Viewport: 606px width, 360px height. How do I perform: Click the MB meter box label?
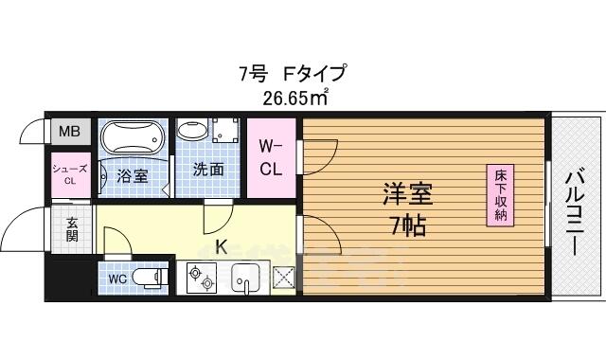tap(69, 132)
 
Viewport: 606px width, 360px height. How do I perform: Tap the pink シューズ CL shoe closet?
tap(71, 174)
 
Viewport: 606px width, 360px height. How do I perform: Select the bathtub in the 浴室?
tap(133, 137)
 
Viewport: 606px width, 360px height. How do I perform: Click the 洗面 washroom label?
tap(208, 170)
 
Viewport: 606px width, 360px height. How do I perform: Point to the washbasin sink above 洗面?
tap(188, 131)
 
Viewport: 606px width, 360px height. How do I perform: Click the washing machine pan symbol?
tap(225, 131)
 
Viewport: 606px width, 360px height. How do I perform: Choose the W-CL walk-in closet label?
tap(271, 158)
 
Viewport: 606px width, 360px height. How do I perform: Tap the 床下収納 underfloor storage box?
tap(500, 195)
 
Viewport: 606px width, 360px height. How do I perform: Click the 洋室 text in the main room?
tap(408, 194)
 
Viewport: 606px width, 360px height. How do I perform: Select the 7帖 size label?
tap(408, 225)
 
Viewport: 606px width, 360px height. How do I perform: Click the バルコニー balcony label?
tap(576, 214)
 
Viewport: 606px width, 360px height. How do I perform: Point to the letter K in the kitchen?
tap(221, 247)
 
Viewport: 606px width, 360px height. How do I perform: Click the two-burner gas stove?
tap(202, 278)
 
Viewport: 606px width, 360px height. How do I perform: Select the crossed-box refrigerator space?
tap(284, 277)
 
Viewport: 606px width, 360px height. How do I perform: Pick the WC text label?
tap(117, 279)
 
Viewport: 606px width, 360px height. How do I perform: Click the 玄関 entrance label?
tap(72, 229)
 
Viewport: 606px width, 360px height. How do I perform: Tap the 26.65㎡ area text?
tap(295, 98)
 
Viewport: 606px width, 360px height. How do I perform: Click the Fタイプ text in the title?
tap(314, 74)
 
